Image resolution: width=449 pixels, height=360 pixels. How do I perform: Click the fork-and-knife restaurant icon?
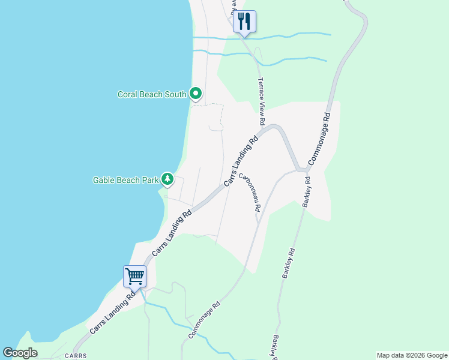coord(244,22)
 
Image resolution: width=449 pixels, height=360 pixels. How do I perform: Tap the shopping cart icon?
coord(135,277)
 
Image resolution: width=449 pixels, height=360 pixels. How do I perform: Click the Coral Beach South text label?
coord(152,94)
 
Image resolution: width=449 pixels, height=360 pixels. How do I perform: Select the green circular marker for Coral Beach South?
coord(195,94)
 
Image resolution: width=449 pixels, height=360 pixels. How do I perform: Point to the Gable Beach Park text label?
coord(125,179)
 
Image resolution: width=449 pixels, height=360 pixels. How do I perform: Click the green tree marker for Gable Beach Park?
coord(167,179)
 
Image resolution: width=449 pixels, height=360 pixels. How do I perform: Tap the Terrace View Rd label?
coord(261,101)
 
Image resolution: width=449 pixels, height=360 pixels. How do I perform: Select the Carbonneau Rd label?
coord(249,193)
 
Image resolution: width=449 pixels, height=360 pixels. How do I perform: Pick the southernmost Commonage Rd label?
coord(205,320)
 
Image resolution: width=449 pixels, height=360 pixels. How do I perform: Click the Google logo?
coord(20,353)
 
